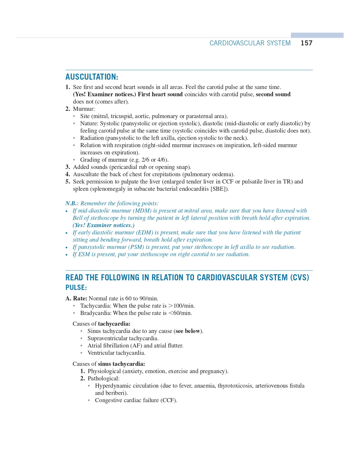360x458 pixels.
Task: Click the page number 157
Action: coord(306,43)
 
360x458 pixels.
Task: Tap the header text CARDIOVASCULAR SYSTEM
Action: coord(250,43)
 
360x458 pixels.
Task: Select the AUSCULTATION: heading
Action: coord(92,77)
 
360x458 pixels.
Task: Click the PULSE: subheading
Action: coord(76,287)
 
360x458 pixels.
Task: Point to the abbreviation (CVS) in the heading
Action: coord(300,277)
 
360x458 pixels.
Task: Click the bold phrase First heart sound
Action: coord(160,94)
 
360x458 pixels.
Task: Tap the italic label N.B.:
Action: coord(72,203)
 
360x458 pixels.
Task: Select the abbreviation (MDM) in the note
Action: coord(142,211)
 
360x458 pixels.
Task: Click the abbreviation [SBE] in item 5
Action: coord(218,189)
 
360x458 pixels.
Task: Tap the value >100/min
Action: coord(181,306)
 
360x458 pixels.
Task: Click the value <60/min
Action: coord(180,313)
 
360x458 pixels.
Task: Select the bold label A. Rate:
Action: coord(76,298)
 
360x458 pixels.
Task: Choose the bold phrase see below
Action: coord(188,331)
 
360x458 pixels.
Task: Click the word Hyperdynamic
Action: coord(112,386)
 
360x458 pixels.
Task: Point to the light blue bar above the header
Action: coord(317,35)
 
